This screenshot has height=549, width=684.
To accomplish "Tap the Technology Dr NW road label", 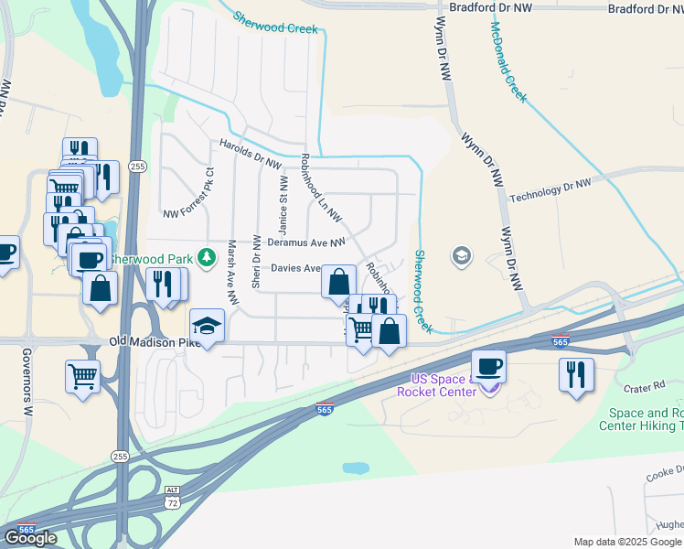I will pyautogui.click(x=550, y=190).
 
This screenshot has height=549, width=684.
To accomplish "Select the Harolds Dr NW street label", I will pyautogui.click(x=249, y=153).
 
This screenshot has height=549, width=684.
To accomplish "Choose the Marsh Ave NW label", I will pyautogui.click(x=232, y=272).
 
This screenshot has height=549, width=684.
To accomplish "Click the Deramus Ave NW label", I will pyautogui.click(x=306, y=242).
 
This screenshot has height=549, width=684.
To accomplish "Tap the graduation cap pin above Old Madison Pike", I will pyautogui.click(x=207, y=327).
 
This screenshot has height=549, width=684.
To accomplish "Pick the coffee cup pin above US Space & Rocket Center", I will pyautogui.click(x=487, y=366).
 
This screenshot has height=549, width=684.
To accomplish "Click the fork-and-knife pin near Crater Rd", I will pyautogui.click(x=576, y=375).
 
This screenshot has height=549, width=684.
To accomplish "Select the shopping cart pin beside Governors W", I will pyautogui.click(x=82, y=375).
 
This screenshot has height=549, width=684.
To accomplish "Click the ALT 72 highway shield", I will pyautogui.click(x=170, y=498).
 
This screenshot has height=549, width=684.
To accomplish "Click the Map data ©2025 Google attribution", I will pyautogui.click(x=626, y=542).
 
